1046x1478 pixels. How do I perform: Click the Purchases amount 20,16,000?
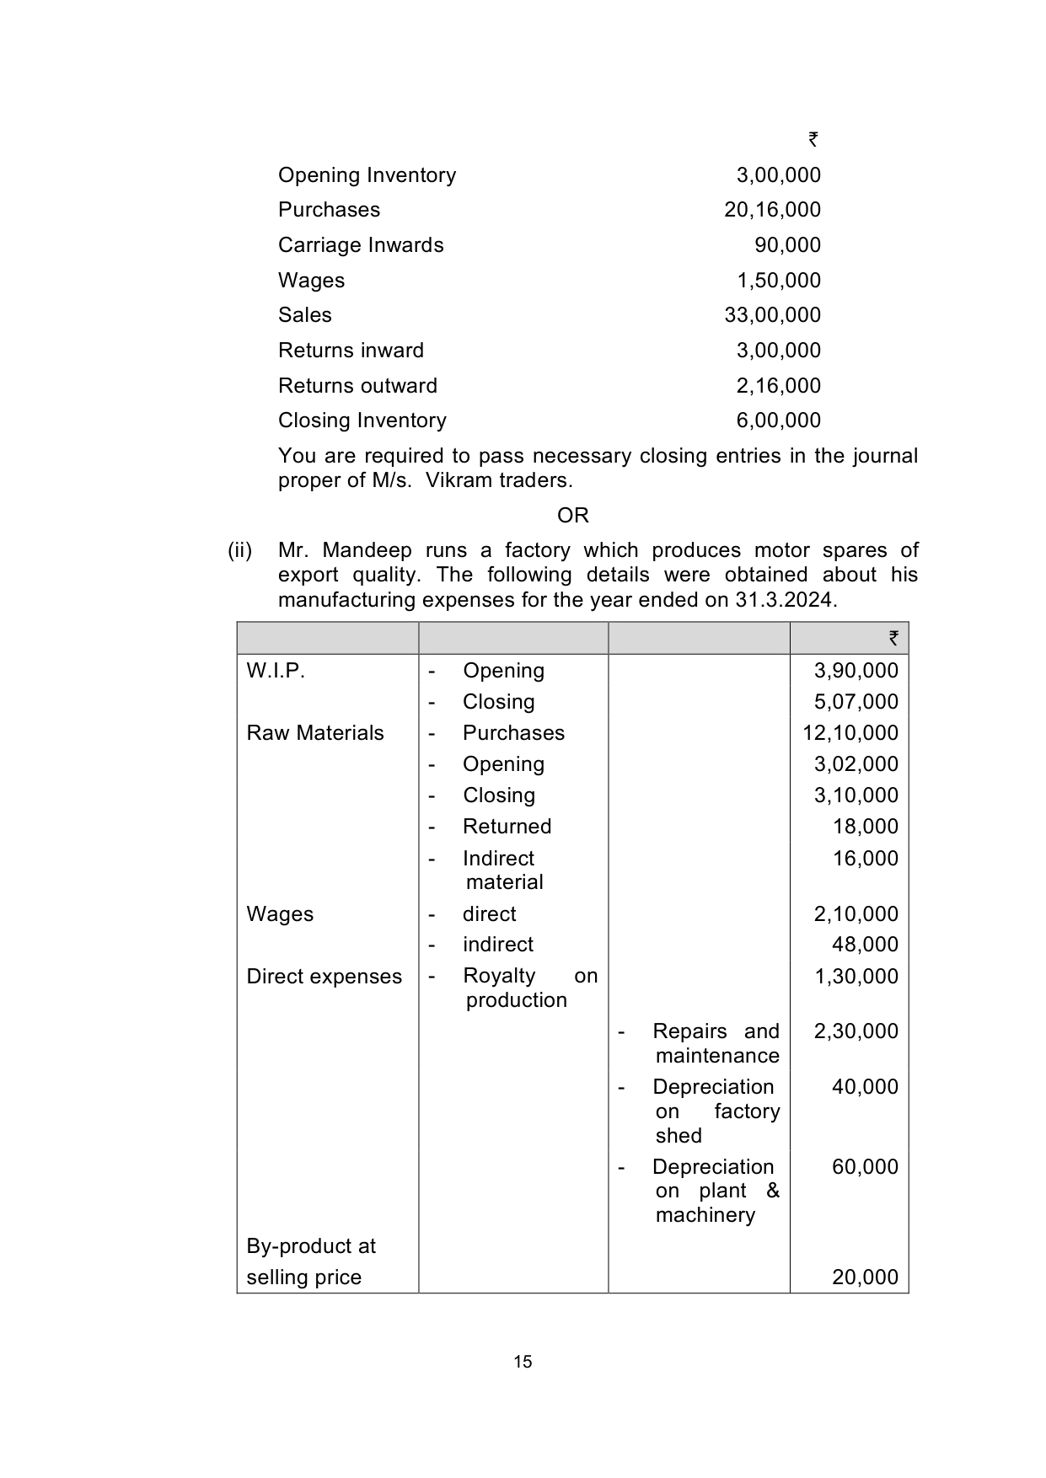(772, 210)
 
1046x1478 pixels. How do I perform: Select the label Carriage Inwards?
(361, 245)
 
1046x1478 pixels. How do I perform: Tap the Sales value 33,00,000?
(772, 315)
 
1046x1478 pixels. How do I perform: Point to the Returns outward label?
(357, 386)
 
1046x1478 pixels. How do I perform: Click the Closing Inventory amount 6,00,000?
(778, 420)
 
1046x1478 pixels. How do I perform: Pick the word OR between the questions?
(573, 516)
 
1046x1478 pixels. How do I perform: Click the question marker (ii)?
(240, 551)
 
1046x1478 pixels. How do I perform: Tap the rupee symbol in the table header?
(893, 639)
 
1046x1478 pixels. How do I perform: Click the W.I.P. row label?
(276, 671)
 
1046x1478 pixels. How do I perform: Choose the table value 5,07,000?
(856, 702)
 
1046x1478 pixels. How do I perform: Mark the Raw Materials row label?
(315, 733)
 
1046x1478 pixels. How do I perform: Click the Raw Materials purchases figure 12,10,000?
(850, 733)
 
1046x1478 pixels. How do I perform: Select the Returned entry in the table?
(507, 827)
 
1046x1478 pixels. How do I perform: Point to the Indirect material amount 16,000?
(865, 859)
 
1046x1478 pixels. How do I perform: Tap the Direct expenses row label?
(325, 977)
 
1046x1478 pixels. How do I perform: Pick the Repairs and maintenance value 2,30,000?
(856, 1031)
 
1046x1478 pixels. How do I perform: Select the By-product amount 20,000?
(865, 1277)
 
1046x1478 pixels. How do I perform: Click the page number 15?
(523, 1362)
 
